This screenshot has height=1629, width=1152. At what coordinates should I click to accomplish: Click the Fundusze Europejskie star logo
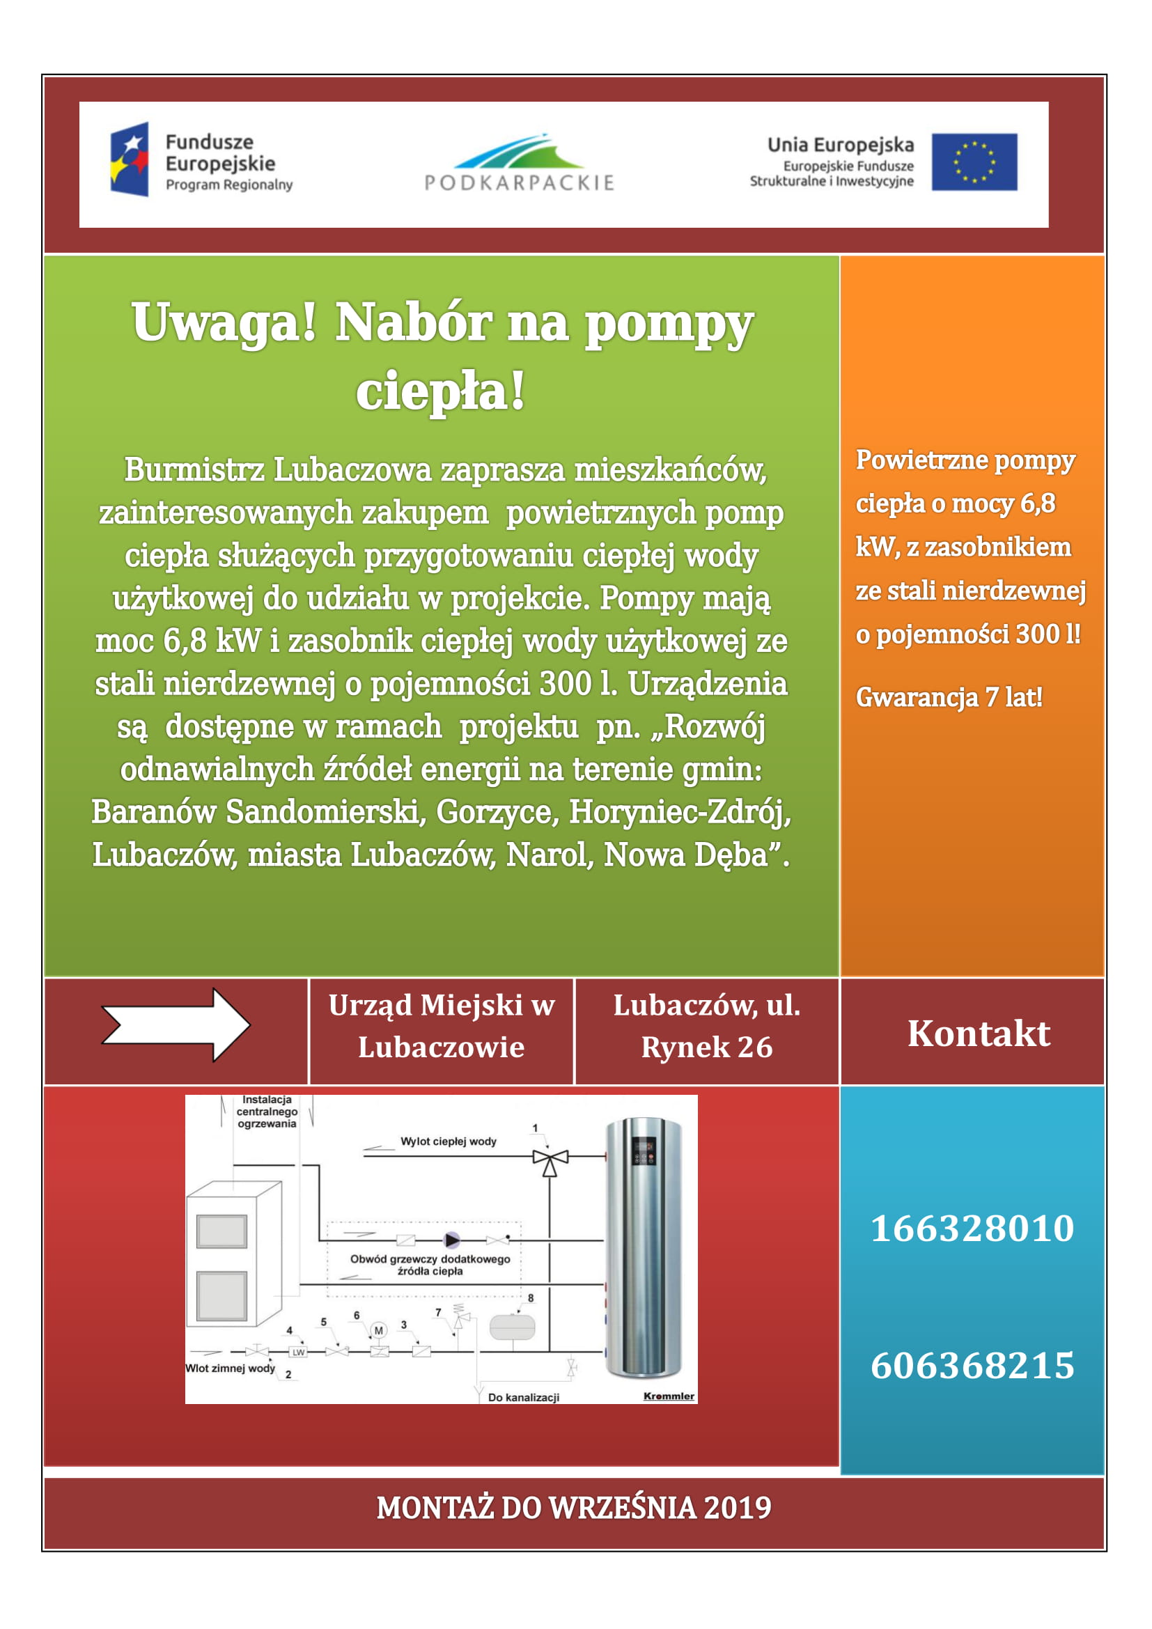pos(129,159)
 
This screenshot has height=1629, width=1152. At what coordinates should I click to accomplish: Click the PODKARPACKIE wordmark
pos(520,183)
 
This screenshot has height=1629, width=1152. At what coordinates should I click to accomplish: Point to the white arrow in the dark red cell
pos(176,1024)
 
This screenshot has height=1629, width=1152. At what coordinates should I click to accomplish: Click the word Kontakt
pos(978,1033)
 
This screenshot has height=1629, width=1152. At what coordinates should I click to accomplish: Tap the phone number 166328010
pos(972,1228)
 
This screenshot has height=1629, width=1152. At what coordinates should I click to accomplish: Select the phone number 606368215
pos(972,1366)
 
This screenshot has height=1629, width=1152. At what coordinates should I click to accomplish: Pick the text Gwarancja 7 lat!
pos(949,697)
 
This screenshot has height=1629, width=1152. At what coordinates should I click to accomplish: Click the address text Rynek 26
pos(706,1047)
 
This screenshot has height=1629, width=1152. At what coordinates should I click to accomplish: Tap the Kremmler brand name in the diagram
pos(668,1396)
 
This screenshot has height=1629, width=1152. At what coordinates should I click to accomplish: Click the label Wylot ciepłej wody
pos(449,1141)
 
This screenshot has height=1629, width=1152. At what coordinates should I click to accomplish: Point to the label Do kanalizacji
pos(524,1397)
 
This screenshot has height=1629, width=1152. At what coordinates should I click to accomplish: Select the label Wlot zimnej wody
pos(230,1368)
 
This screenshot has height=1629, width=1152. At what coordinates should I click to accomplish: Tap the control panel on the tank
pos(644,1151)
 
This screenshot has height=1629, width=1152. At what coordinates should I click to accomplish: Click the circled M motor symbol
pos(379,1330)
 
